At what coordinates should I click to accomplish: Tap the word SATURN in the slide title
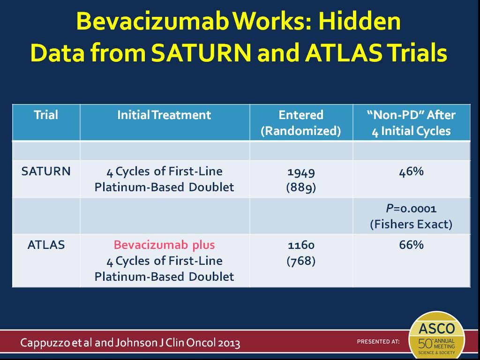point(201,52)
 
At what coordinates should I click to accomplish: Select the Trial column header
point(46,115)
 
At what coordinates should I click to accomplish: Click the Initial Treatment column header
point(165,115)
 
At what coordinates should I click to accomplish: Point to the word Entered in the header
point(301,115)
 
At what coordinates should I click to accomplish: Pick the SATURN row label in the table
point(46,171)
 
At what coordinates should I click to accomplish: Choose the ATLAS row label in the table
point(46,245)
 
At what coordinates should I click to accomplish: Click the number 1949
point(301,172)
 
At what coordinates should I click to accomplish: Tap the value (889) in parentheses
point(301,187)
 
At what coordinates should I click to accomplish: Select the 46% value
point(412,172)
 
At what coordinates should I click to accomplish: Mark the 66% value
point(412,245)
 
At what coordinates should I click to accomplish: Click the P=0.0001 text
point(411,209)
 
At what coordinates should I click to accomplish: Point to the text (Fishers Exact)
point(411,225)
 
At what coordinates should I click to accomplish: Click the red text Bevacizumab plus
point(165,245)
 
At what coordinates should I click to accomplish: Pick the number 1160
point(301,245)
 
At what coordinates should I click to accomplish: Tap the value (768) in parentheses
point(301,261)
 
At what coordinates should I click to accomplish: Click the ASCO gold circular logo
point(437,336)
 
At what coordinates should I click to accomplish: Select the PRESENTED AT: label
point(378,341)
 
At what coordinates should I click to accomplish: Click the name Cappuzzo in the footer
point(45,343)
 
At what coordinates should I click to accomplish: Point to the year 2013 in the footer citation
point(229,343)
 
